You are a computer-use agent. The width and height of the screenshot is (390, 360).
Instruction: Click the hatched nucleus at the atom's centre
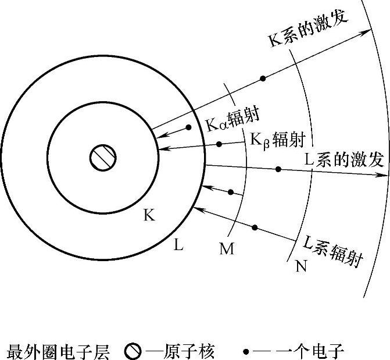103,157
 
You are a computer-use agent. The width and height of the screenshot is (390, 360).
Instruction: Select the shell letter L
178,245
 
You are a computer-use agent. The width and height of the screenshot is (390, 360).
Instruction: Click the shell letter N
301,267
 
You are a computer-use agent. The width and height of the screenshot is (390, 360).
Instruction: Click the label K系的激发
308,28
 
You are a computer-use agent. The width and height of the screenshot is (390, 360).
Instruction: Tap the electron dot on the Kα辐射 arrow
188,127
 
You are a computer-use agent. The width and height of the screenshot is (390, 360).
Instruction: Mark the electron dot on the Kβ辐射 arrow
219,144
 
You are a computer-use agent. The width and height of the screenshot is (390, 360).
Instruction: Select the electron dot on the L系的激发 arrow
278,169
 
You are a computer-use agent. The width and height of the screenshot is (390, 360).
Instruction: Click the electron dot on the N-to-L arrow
255,226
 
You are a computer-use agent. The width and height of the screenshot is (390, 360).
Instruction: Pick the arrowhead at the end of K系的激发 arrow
370,27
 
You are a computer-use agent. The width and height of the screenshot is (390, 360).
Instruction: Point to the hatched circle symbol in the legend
133,351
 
